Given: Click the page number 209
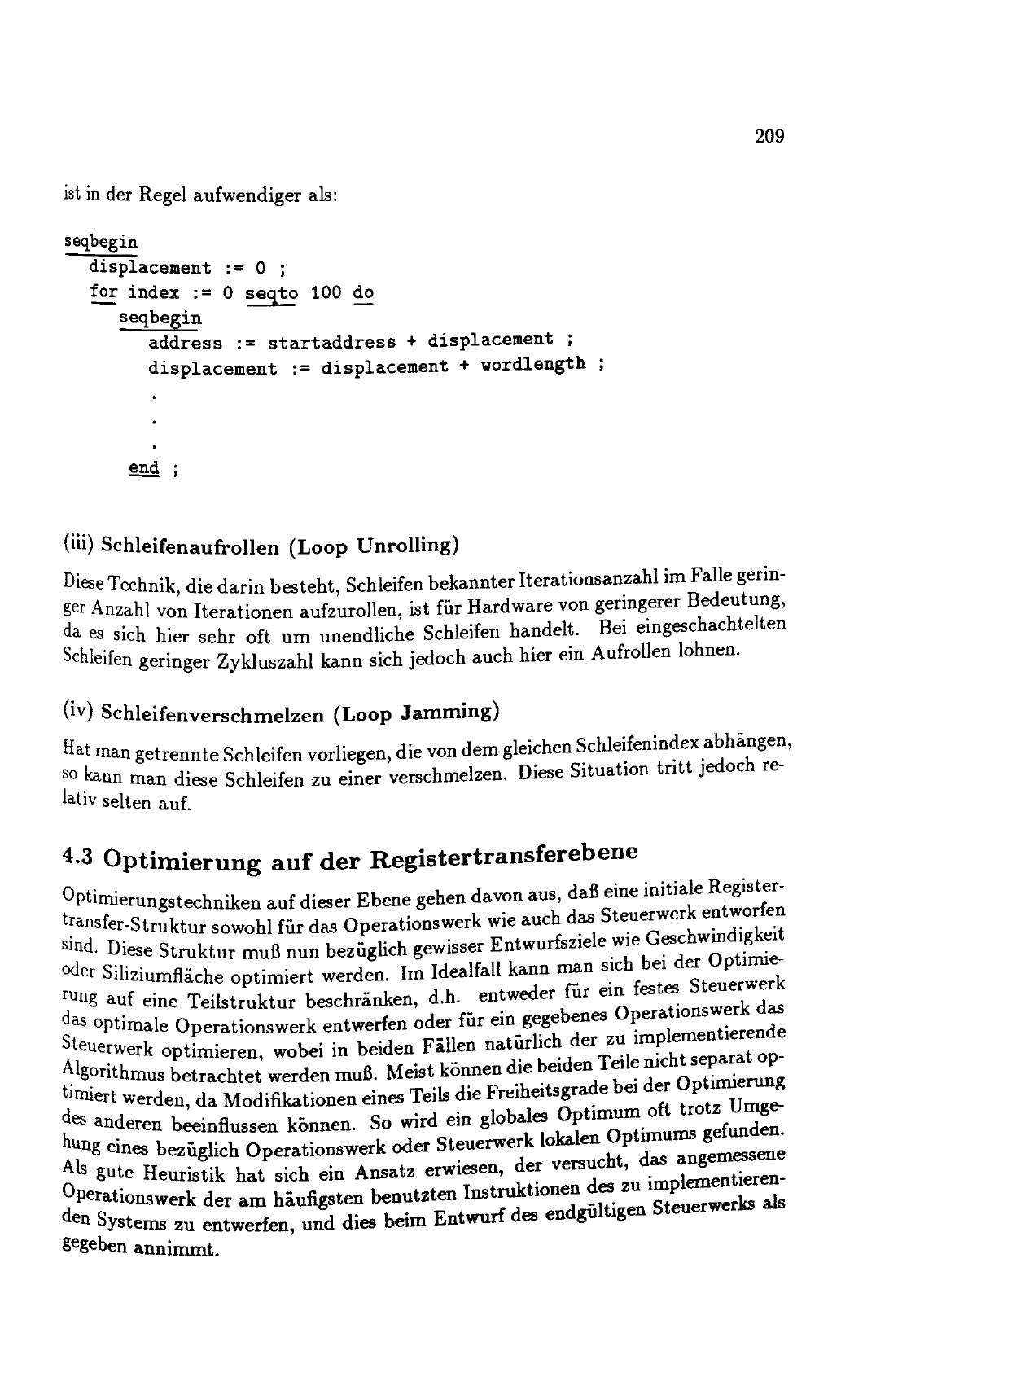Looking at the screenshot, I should [x=769, y=136].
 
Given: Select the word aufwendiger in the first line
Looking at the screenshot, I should [x=246, y=196].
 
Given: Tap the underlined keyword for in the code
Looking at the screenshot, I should [x=104, y=292].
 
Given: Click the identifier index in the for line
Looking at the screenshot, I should [x=153, y=292].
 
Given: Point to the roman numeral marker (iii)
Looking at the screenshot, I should [x=79, y=543].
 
